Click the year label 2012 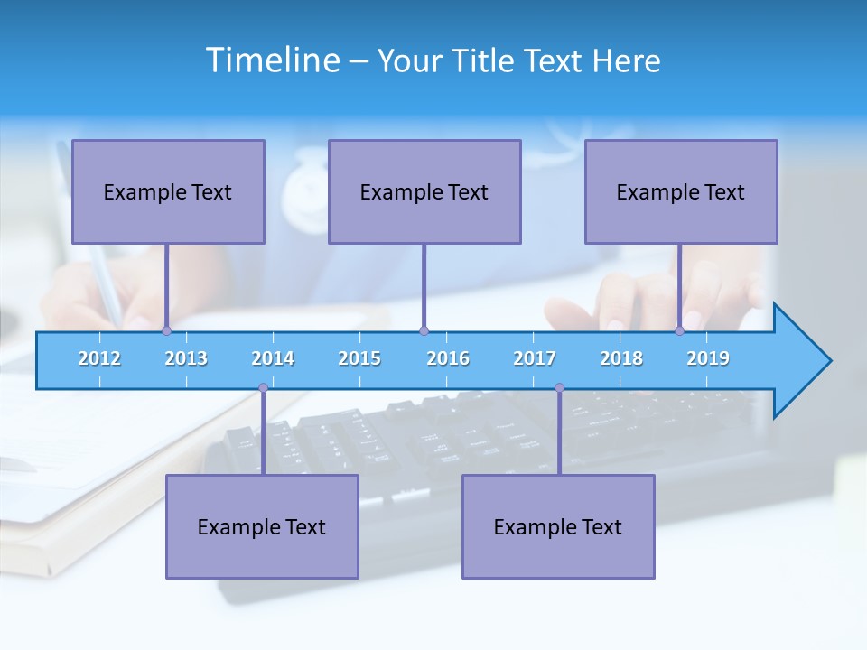99,358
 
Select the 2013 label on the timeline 186,358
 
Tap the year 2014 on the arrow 273,358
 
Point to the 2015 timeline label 359,358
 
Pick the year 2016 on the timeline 448,358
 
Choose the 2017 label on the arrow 535,358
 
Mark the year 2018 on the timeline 621,358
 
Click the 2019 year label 708,358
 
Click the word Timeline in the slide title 272,60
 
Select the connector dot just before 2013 166,330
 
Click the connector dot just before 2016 424,330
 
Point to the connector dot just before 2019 680,330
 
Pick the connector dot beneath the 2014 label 263,388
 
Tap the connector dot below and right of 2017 559,388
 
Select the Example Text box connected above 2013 168,192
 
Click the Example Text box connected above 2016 424,192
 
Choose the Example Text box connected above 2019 681,192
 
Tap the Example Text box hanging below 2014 262,526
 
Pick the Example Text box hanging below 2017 558,526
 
